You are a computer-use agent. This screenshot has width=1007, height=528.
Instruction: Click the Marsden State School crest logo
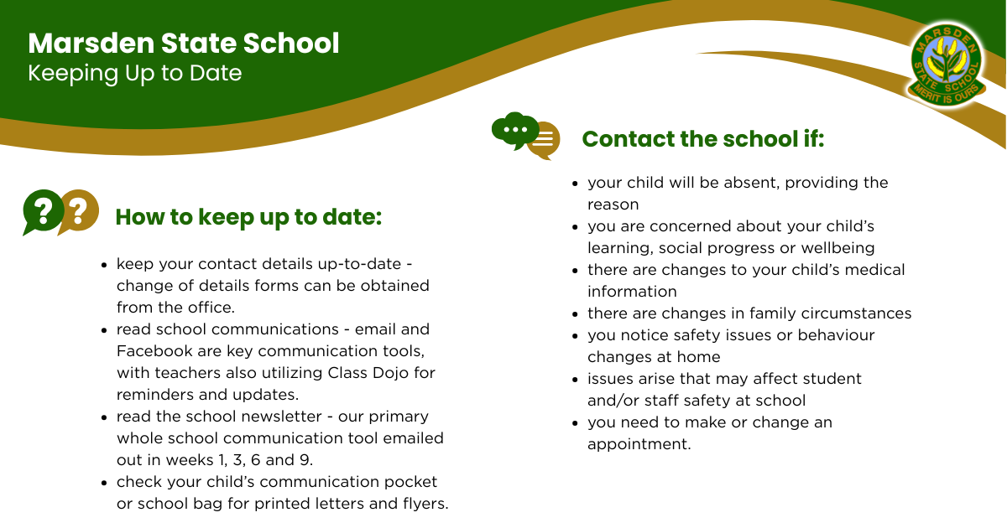pyautogui.click(x=947, y=65)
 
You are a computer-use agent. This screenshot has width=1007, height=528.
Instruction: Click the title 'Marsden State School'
pyautogui.click(x=184, y=44)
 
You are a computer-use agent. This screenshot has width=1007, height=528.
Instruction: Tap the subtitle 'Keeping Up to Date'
pyautogui.click(x=135, y=74)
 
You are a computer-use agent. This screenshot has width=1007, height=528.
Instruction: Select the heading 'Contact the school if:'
pyautogui.click(x=703, y=139)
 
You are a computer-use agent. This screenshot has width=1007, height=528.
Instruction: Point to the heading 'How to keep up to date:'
pyautogui.click(x=248, y=217)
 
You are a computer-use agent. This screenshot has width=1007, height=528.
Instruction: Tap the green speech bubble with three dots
pyautogui.click(x=515, y=130)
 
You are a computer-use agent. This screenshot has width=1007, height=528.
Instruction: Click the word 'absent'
pyautogui.click(x=752, y=184)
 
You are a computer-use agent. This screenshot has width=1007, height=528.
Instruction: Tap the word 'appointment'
pyautogui.click(x=639, y=444)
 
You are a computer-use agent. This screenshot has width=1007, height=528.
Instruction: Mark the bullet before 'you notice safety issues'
pyautogui.click(x=575, y=336)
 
